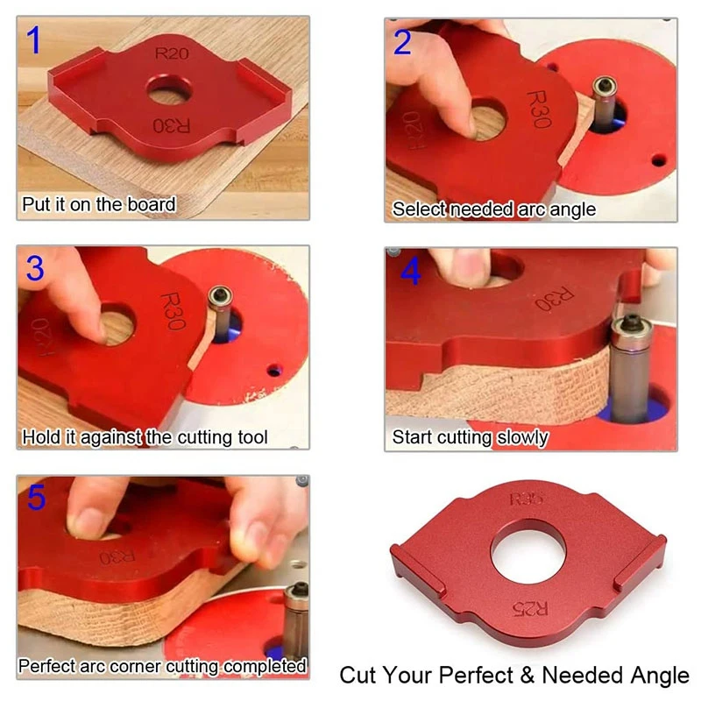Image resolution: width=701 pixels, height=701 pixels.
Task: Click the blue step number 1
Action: coord(33,40)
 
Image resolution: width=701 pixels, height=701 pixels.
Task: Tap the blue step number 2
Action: coord(402,41)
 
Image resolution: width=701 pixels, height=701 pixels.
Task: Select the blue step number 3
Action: coord(34,269)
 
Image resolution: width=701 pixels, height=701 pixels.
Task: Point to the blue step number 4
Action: coord(410,272)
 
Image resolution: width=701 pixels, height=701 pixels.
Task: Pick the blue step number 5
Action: coord(35,498)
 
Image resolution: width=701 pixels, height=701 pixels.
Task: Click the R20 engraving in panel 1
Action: coord(172,53)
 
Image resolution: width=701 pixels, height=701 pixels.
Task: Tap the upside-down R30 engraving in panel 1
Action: coord(172,124)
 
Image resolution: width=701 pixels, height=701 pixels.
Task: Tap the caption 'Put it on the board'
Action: coord(99,206)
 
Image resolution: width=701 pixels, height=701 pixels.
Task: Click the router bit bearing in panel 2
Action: coord(605,87)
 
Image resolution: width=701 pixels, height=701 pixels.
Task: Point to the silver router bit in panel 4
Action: coord(628,368)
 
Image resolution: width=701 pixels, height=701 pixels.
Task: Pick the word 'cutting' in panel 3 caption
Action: coord(181,435)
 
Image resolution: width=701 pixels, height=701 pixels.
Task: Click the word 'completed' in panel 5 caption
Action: coord(264,666)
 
